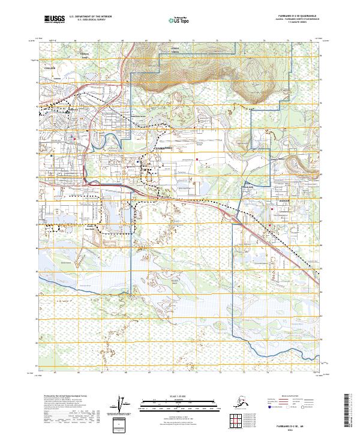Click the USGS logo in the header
click(54, 20)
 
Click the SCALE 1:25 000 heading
click(179, 396)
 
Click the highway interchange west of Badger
click(229, 210)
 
